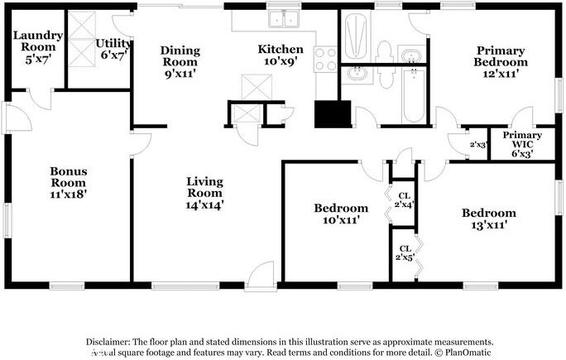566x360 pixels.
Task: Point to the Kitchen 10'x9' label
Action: [281, 55]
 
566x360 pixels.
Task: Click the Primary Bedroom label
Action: [500, 61]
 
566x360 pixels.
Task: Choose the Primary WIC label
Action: [522, 144]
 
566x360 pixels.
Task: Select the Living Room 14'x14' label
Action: [204, 192]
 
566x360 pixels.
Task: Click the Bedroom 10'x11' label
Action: [340, 214]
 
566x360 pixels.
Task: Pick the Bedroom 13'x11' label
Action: [488, 218]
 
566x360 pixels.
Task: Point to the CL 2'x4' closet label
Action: [405, 198]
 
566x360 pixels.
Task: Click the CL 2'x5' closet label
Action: [405, 253]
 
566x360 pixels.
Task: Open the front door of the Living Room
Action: [265, 275]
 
